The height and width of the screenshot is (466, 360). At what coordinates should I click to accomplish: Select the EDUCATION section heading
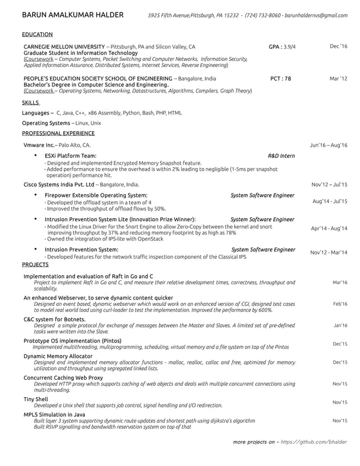pyautogui.click(x=37, y=34)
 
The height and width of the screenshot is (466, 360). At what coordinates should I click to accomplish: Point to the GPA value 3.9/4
pyautogui.click(x=282, y=46)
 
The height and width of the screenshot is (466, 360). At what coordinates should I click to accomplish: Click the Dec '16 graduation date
pyautogui.click(x=338, y=46)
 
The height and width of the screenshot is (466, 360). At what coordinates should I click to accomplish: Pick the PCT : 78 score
pyautogui.click(x=280, y=78)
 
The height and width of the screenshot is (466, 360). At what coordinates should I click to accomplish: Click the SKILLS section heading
pyautogui.click(x=30, y=103)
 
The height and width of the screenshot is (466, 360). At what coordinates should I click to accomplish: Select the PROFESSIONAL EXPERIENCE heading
pyautogui.click(x=58, y=133)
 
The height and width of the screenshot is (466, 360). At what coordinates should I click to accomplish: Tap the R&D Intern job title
pyautogui.click(x=280, y=156)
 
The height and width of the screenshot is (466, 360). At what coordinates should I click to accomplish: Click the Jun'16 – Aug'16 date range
pyautogui.click(x=328, y=146)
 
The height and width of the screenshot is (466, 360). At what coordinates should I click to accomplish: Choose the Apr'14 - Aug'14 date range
pyautogui.click(x=329, y=228)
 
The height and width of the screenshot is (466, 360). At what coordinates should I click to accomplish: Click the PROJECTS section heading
pyautogui.click(x=35, y=264)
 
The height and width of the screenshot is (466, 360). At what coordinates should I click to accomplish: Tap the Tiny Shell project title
pyautogui.click(x=36, y=399)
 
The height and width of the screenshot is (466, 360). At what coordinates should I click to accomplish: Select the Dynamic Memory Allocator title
pyautogui.click(x=58, y=356)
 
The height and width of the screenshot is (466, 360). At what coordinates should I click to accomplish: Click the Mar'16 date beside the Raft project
pyautogui.click(x=340, y=282)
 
